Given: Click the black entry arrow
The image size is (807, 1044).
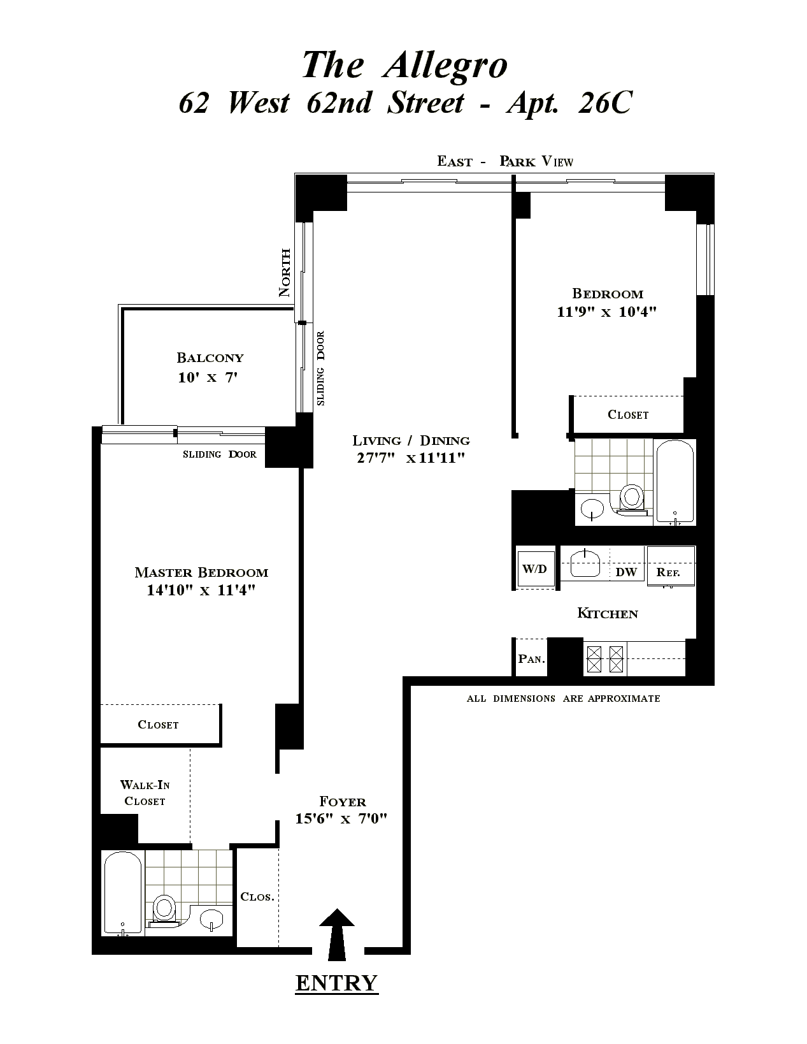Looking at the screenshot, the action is (x=336, y=934).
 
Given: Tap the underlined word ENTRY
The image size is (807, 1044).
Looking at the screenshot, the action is (x=336, y=983).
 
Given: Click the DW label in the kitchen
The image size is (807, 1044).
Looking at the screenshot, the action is (x=626, y=572).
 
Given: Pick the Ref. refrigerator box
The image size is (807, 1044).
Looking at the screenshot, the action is (x=671, y=565).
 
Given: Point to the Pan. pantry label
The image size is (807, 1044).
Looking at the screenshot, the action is (x=531, y=658).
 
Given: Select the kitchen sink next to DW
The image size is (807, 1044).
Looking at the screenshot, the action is (x=585, y=563).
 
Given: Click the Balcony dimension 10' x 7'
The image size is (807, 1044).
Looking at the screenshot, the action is (x=208, y=377).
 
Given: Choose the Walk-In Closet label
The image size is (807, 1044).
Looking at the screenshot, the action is (x=145, y=793).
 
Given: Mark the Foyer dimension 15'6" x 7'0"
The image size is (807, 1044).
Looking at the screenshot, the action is (x=341, y=818).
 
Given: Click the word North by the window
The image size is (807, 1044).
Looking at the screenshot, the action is (x=285, y=272).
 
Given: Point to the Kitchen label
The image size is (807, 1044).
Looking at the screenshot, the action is (x=607, y=613).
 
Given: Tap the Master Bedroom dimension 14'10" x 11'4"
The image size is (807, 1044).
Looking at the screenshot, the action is (x=201, y=590).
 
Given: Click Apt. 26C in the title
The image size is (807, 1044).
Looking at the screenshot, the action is (x=569, y=103).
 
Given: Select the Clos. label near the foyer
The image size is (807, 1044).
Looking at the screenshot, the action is (x=257, y=897).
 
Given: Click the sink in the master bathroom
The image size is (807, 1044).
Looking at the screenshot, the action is (x=211, y=920).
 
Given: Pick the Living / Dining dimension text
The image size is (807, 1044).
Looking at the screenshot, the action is (x=411, y=458).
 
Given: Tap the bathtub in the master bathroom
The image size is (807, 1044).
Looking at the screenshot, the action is (x=123, y=893).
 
